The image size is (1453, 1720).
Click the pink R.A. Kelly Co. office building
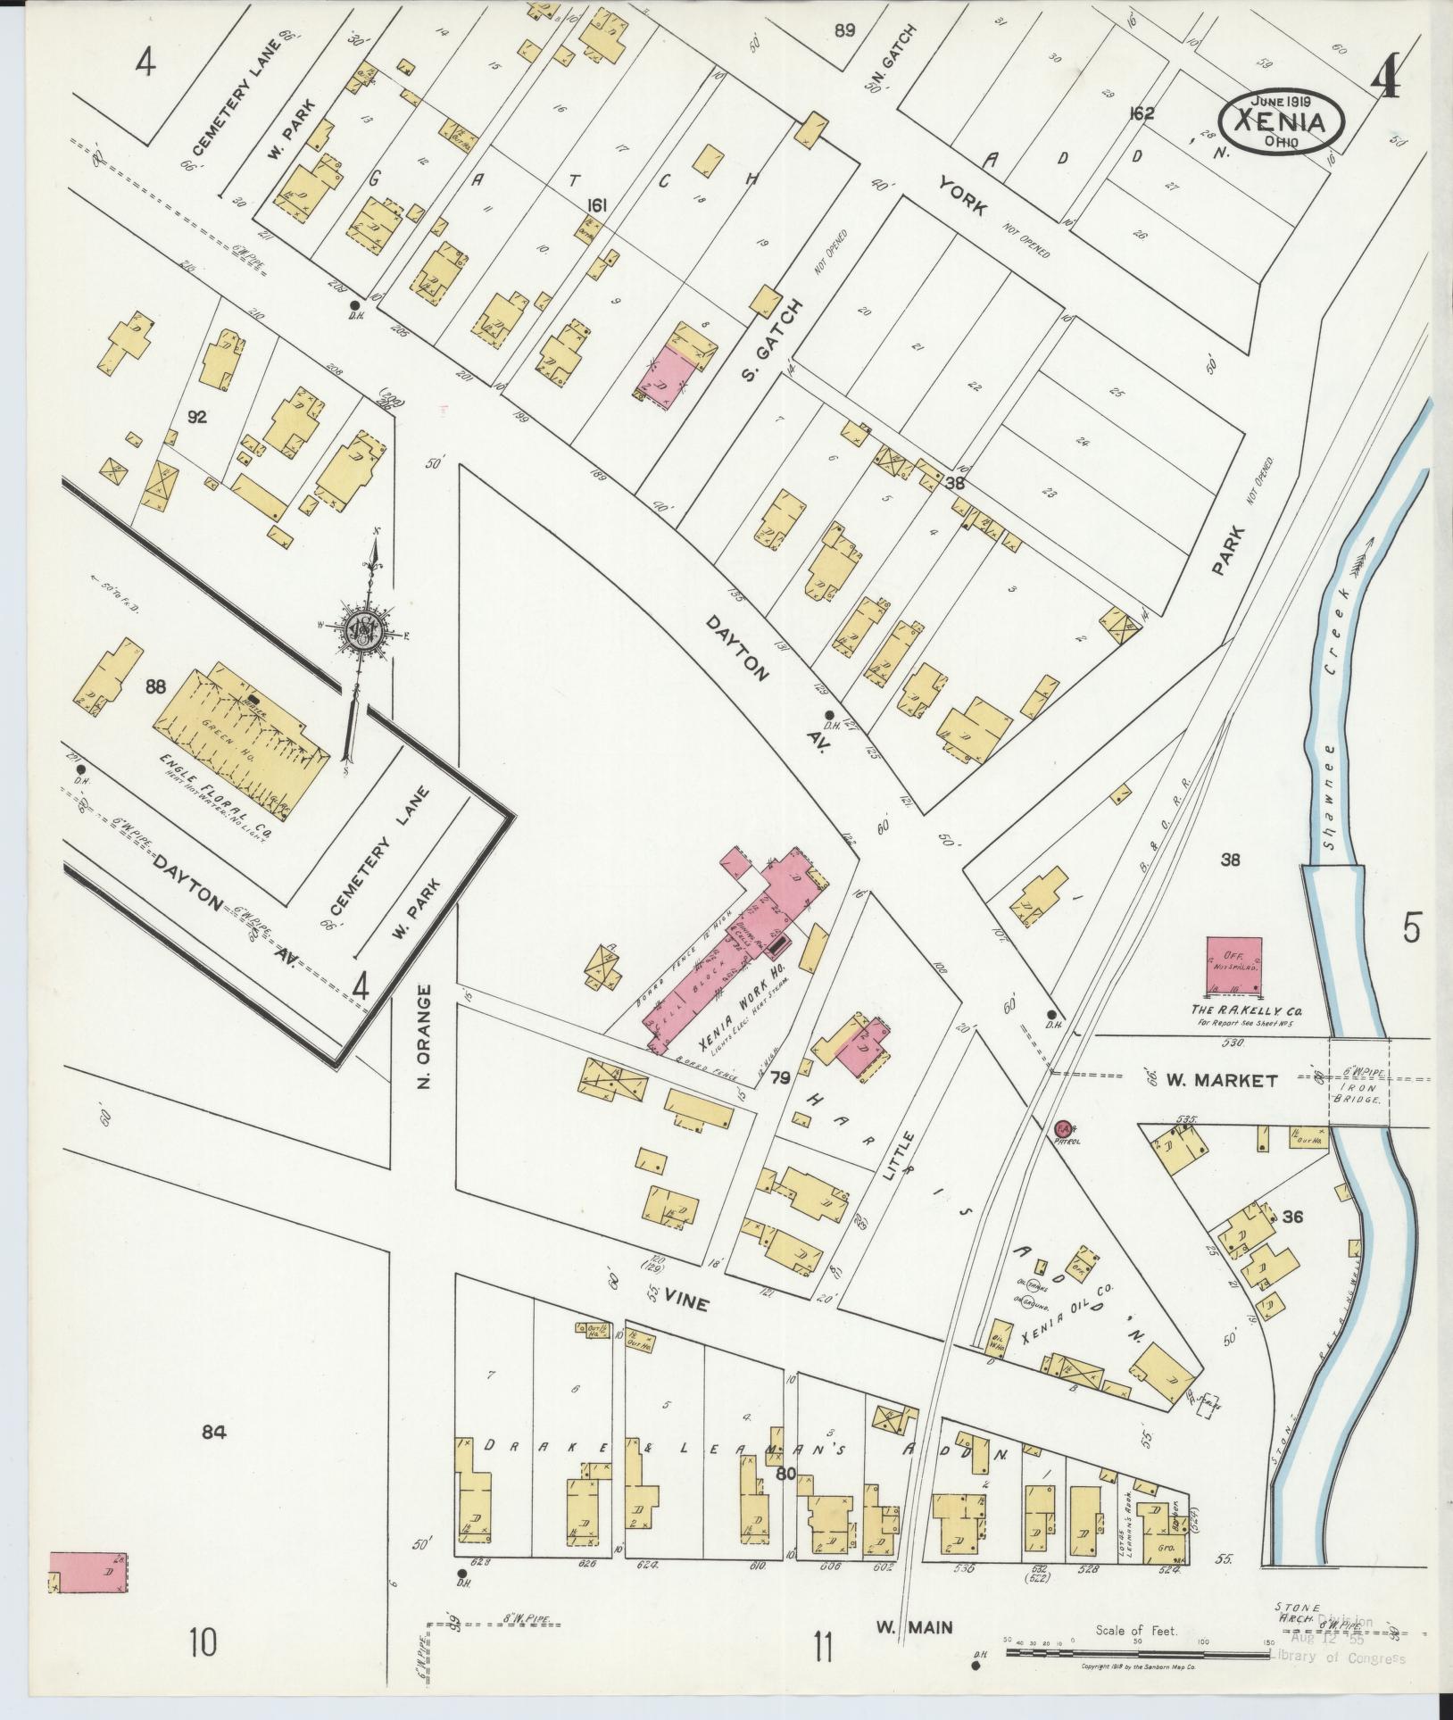tap(1234, 966)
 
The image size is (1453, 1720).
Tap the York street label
tap(962, 195)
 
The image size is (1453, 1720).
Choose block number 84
tap(215, 1433)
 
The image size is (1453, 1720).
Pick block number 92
tap(197, 416)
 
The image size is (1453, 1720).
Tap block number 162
tap(1142, 113)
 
